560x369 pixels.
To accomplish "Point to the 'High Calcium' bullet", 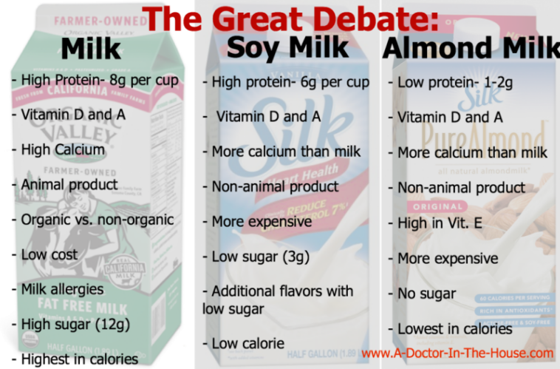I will pos(62,149).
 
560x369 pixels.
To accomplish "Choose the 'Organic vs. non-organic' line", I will pos(96,220).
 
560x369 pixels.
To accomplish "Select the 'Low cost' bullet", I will pos(49,254).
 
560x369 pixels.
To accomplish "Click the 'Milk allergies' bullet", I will pos(64,288).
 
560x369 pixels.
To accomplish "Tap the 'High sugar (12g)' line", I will pos(72,323).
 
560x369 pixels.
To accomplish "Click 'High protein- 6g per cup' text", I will pos(290,83).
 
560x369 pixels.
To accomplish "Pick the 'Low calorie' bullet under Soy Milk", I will pos(247,344).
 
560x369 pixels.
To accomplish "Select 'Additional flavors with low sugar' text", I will pos(281,299).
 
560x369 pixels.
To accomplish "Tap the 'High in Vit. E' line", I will pos(440,223).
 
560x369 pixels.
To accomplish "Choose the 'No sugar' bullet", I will pos(427,294).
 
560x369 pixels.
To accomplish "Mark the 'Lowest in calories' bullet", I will pos(454,328).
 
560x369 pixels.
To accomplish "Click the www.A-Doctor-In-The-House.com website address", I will pos(457,354).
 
